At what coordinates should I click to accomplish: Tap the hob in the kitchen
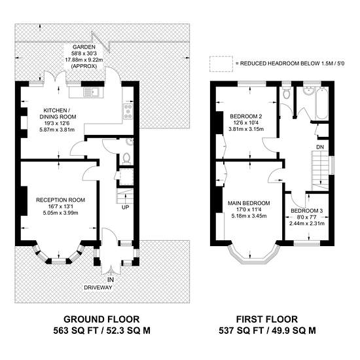click(128, 111)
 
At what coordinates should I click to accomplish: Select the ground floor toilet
click(126, 158)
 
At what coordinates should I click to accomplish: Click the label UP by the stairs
click(126, 207)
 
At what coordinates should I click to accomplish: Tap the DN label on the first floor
click(320, 147)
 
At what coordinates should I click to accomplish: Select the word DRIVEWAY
click(98, 287)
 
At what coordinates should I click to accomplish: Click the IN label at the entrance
click(111, 280)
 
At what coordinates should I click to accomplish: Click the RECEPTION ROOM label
click(61, 200)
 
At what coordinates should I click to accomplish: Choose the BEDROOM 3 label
click(307, 211)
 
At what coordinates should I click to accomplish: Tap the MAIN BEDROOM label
click(249, 203)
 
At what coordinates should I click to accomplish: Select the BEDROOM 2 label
click(246, 117)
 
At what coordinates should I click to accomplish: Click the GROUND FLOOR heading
click(101, 319)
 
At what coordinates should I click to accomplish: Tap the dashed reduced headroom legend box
click(221, 64)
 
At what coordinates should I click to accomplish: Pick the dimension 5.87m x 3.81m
click(57, 130)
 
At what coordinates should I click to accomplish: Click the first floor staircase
click(320, 170)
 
